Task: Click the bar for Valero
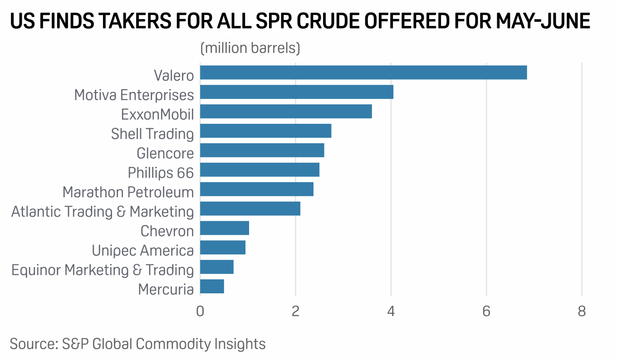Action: point(363,73)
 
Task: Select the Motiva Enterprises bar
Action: point(296,92)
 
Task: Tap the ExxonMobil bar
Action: point(286,112)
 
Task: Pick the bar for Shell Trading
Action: point(265,131)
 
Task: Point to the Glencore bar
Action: point(262,151)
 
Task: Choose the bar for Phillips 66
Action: point(260,170)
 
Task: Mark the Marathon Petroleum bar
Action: point(256,190)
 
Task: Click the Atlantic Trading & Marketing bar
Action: point(250,209)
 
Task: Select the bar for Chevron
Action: point(224,229)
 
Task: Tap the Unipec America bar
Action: point(222,248)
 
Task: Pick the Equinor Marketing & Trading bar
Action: point(216,267)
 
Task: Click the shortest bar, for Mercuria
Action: point(212,287)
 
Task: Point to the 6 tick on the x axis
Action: point(486,311)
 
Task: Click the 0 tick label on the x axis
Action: point(200,311)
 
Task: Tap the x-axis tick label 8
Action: point(582,311)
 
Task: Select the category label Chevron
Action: point(167,231)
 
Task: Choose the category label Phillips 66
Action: point(161,173)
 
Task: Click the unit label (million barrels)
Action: point(250,48)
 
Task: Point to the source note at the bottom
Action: point(137,343)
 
